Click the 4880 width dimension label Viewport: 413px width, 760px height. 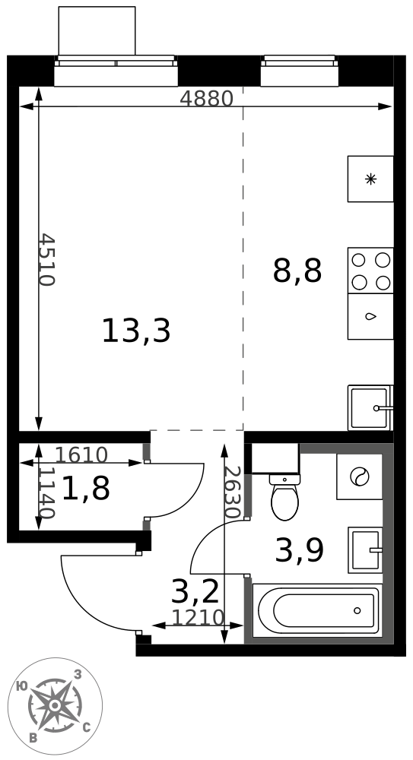206,99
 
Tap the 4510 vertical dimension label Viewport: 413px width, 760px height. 48,259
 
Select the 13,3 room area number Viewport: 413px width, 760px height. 136,331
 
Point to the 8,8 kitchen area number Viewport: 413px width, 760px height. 297,271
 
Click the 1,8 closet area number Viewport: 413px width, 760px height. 86,488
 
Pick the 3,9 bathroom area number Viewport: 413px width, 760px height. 299,550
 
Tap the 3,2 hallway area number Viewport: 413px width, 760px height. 195,591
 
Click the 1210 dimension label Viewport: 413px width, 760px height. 198,617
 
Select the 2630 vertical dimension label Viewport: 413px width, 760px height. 233,492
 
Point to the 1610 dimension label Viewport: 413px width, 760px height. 81,454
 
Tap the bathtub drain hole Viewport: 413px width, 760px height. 357,610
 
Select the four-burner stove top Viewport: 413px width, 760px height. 370,271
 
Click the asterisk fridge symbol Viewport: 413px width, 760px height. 370,179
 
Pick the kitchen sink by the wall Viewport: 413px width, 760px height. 370,407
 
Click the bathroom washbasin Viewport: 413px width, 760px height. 365,550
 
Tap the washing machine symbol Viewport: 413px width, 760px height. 360,477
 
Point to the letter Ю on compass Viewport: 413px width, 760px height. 21,686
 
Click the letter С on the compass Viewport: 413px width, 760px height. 87,727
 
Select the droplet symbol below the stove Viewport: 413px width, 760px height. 370,317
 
